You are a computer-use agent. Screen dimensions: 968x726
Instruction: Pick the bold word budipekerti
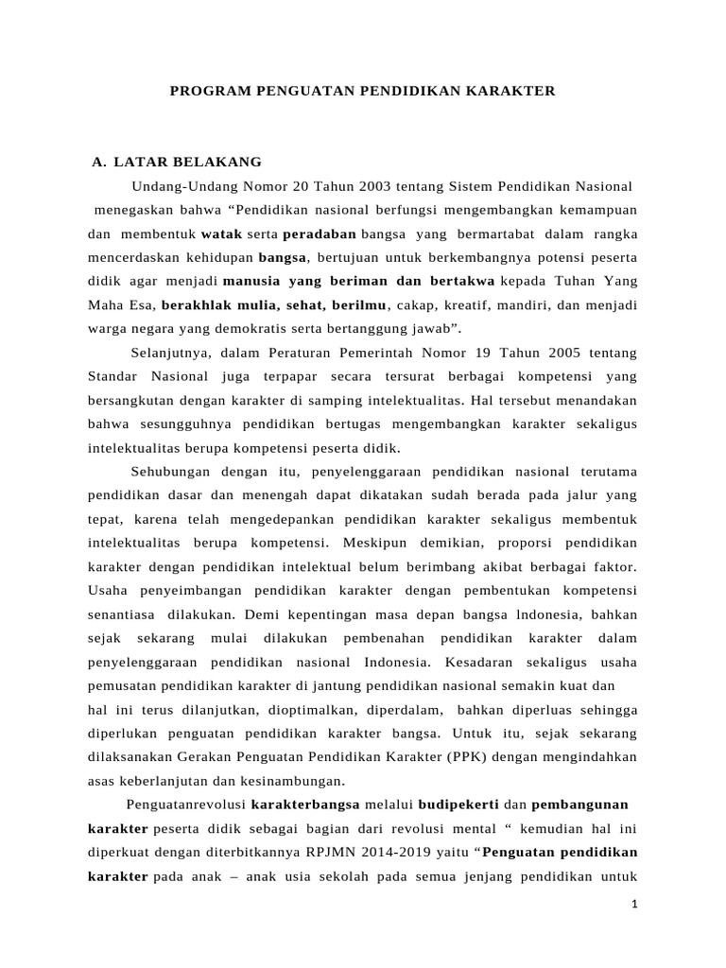coord(458,804)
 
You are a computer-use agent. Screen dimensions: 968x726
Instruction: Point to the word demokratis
coord(248,328)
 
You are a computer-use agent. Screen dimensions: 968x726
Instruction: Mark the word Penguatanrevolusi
coord(184,804)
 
